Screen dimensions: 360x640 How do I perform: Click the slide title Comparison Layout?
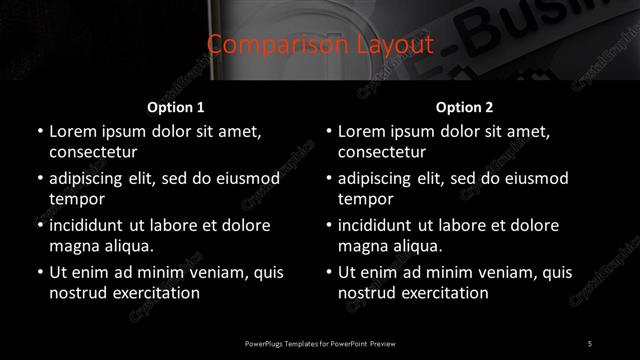[x=320, y=45]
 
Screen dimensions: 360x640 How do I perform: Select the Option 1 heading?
[x=175, y=107]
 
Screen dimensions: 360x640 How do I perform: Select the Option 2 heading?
[x=465, y=107]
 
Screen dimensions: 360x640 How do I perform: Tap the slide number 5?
[x=590, y=343]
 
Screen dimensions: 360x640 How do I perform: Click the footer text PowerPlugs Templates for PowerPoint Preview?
[x=320, y=343]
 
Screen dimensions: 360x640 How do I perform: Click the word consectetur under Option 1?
[x=93, y=153]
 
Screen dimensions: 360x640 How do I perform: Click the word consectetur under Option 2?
[x=382, y=153]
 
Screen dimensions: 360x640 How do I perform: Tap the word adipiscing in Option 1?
[x=91, y=179]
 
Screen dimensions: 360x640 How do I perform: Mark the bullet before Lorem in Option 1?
[x=38, y=132]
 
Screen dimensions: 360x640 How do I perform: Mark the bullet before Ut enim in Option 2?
[x=327, y=272]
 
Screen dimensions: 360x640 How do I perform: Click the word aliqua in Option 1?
[x=127, y=246]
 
